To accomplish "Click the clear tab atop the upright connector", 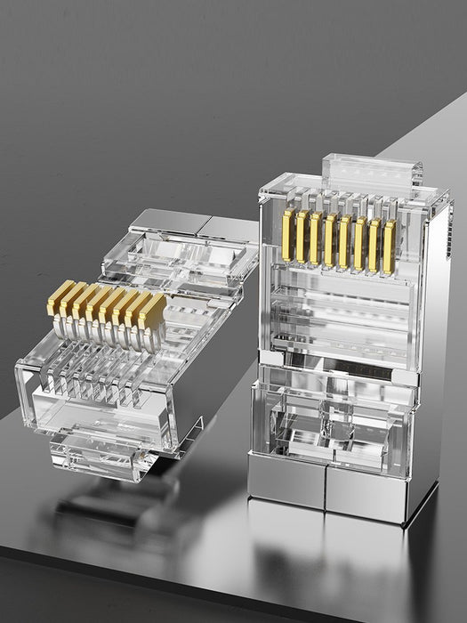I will point(372,170).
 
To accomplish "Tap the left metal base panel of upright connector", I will point(286,480).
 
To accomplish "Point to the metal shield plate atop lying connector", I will point(169,223).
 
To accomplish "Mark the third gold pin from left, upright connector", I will point(315,238).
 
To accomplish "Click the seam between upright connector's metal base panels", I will point(326,488).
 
